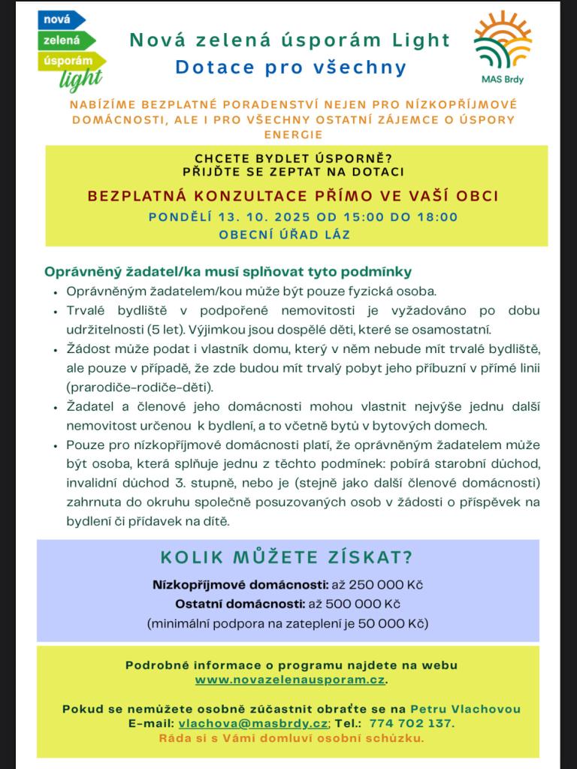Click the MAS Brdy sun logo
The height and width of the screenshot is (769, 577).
(x=503, y=40)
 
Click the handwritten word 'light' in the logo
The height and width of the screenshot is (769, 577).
(x=80, y=79)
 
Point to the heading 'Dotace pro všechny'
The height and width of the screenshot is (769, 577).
(x=291, y=67)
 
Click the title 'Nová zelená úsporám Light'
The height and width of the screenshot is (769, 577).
(x=290, y=40)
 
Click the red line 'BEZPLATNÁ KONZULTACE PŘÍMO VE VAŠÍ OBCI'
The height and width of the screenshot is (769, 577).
(x=293, y=196)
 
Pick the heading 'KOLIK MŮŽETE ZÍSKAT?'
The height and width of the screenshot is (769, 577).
(x=287, y=558)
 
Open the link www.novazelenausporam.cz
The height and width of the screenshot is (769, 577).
(x=290, y=680)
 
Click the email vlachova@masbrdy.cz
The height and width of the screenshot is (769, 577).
(x=252, y=723)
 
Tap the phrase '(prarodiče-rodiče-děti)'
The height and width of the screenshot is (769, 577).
(x=140, y=388)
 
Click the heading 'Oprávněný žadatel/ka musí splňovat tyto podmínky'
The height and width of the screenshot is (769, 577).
(x=228, y=272)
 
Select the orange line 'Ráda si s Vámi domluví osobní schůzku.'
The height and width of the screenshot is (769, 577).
(x=291, y=738)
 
